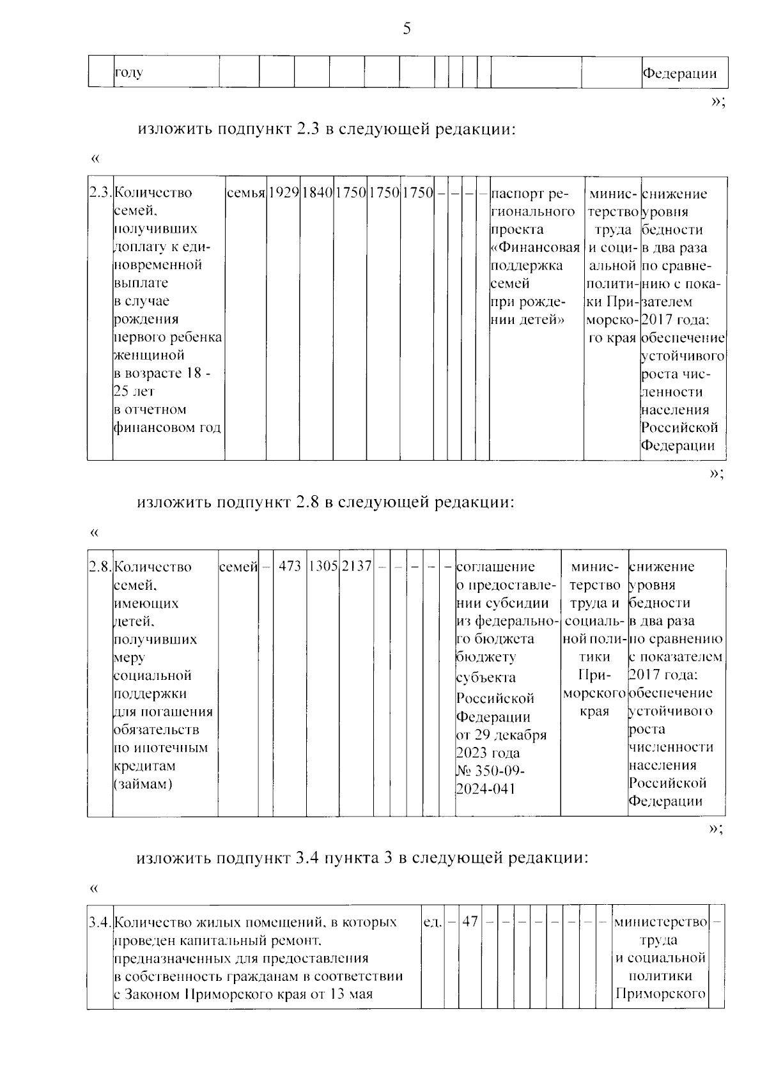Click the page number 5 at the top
pos(407,29)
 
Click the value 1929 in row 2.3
pos(283,193)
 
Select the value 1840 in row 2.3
pos(317,193)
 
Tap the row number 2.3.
pos(100,193)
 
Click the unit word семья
pos(245,193)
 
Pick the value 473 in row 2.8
pos(290,567)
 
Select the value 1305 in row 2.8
pos(323,567)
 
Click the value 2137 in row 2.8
pos(356,567)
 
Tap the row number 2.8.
pos(100,567)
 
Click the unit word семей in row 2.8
pos(238,567)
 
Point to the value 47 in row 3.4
pos(470,922)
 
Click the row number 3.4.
pos(100,923)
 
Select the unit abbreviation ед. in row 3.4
pos(433,923)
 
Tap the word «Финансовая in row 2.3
pos(536,247)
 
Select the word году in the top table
pos(128,72)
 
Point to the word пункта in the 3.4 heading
pos(353,858)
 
